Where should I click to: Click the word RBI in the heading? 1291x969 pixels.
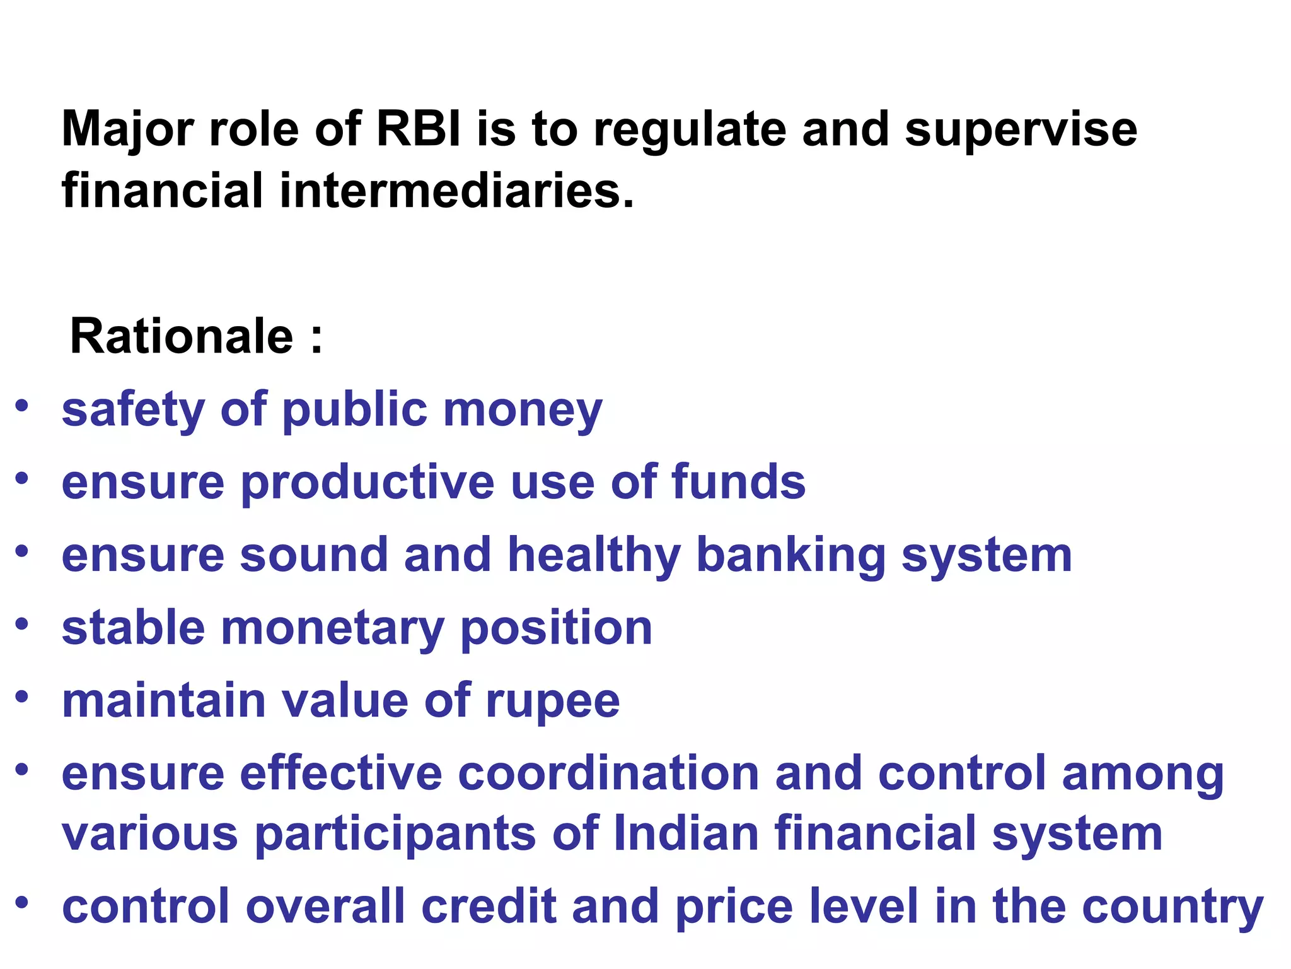(419, 129)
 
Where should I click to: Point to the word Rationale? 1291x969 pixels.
(182, 336)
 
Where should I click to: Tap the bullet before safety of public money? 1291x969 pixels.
(22, 406)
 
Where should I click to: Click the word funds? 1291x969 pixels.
(738, 483)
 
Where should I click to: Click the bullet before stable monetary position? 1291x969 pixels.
(22, 624)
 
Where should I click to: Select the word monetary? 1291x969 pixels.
(333, 630)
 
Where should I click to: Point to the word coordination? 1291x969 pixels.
(608, 774)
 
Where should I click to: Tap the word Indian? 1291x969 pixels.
(686, 833)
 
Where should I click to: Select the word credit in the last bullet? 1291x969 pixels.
(489, 906)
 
